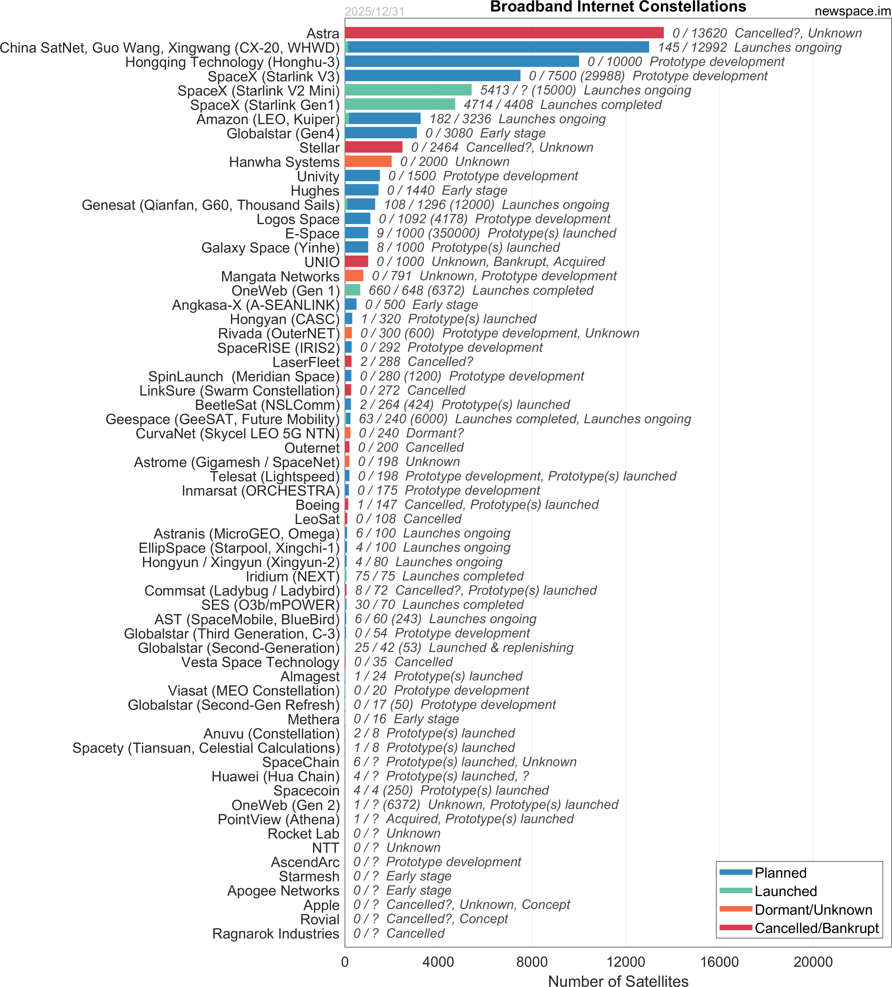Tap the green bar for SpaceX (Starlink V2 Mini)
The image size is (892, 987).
(408, 90)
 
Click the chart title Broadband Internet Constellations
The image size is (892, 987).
(618, 7)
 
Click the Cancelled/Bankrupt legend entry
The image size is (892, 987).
(816, 928)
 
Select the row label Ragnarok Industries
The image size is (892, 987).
(276, 934)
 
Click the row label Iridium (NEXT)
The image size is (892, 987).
(292, 577)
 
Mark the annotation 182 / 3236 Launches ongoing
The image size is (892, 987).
(517, 119)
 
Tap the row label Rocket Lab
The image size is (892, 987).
(303, 834)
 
